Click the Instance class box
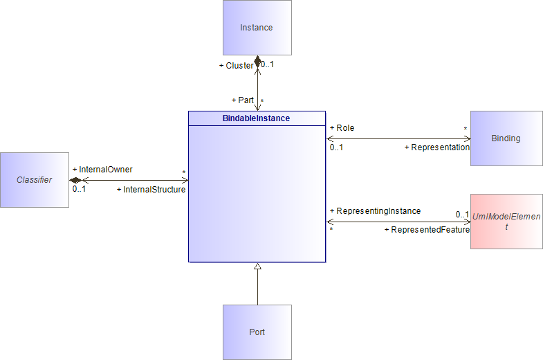(257, 28)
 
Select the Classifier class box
(35, 180)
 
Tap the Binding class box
(506, 138)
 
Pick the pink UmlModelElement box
(506, 222)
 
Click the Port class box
(257, 332)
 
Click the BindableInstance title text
(256, 118)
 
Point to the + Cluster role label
(236, 66)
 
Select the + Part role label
(242, 100)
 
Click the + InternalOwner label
(102, 170)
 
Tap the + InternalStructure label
(151, 190)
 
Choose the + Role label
(342, 128)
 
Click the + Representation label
(437, 147)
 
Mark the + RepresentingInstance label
(376, 211)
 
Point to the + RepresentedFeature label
(427, 230)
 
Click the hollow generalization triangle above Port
(257, 266)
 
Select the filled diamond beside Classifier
(75, 180)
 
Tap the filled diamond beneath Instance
(257, 62)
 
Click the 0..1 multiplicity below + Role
(336, 147)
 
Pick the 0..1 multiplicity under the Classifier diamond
(79, 189)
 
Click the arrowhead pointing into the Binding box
(468, 138)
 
